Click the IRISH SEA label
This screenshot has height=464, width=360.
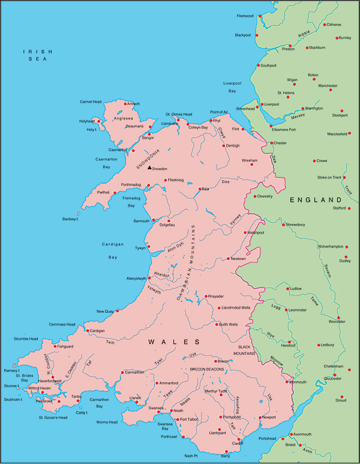(35, 55)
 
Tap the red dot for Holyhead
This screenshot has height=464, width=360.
(99, 121)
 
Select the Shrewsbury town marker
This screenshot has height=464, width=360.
(283, 224)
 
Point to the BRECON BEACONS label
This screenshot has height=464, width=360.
(207, 369)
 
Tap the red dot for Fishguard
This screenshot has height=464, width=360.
(55, 346)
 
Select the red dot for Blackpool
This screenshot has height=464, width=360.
(257, 35)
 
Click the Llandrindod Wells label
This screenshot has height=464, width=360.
(236, 307)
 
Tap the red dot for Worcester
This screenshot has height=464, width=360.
(338, 318)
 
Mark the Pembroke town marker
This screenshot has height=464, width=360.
(43, 393)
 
